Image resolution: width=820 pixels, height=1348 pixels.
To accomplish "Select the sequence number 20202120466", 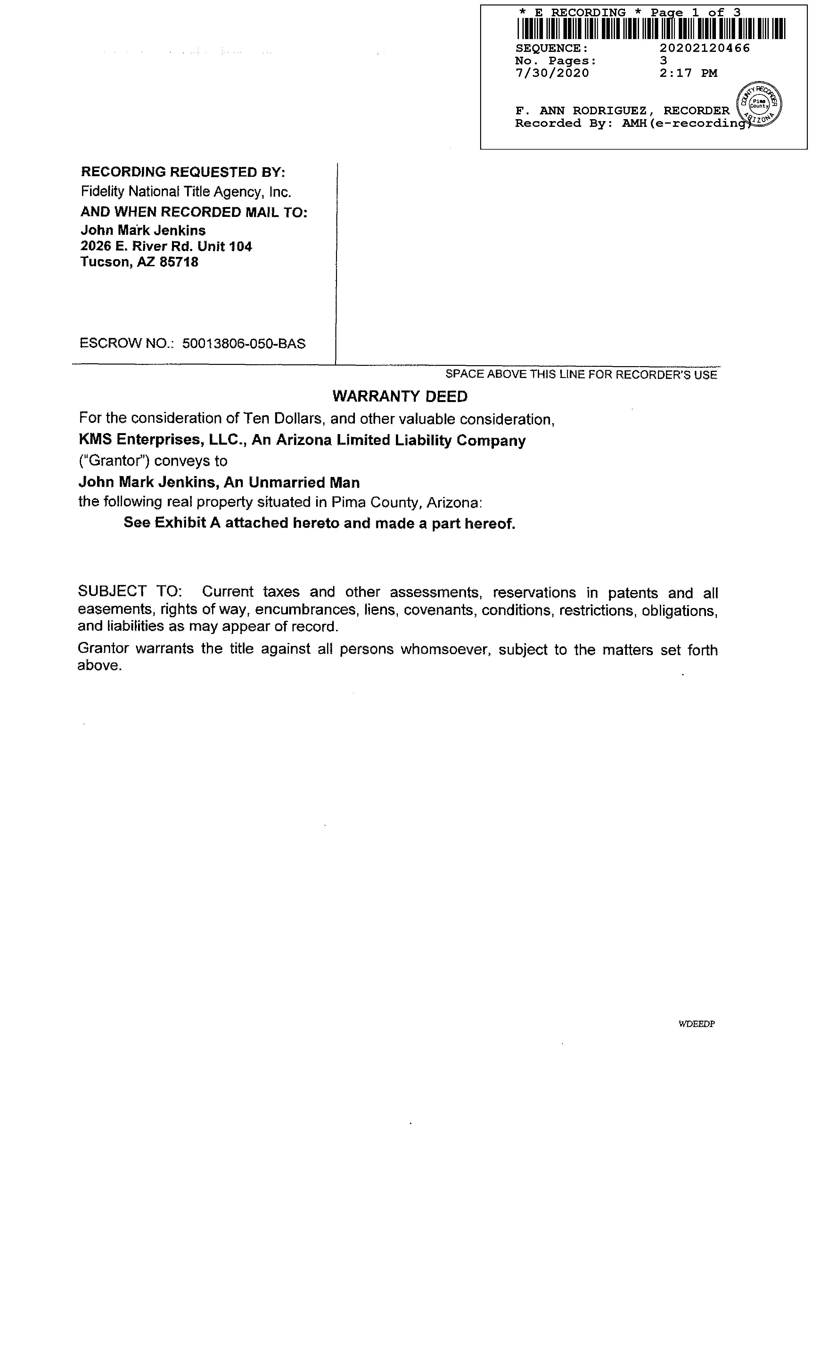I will click(705, 48).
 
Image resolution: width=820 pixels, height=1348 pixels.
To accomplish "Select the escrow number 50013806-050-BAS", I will click(243, 343).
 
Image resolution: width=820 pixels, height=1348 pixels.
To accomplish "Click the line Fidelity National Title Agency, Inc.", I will click(186, 192).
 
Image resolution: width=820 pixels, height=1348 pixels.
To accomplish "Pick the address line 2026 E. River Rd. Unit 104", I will click(166, 246).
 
